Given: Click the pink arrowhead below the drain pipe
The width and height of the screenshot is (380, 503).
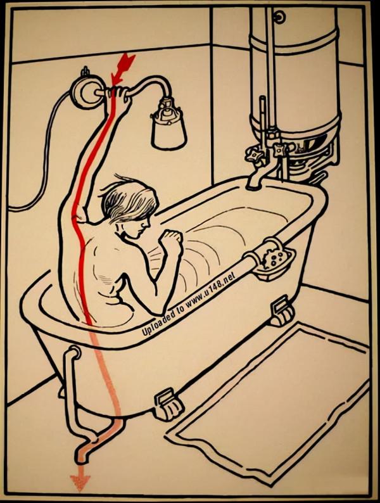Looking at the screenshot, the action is (80, 482).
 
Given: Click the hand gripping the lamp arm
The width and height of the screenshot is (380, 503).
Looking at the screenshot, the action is (120, 96).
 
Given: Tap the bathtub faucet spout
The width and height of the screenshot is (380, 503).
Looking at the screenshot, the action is (256, 178).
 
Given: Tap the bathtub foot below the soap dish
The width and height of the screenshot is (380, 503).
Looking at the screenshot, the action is (282, 310).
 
